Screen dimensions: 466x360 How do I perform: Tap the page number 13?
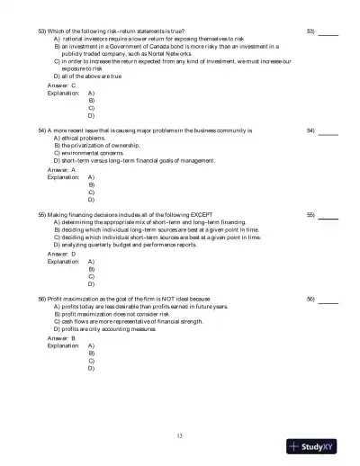(x=180, y=436)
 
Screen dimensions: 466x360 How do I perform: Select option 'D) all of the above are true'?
(x=87, y=77)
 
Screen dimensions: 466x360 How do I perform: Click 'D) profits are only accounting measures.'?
(x=105, y=330)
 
